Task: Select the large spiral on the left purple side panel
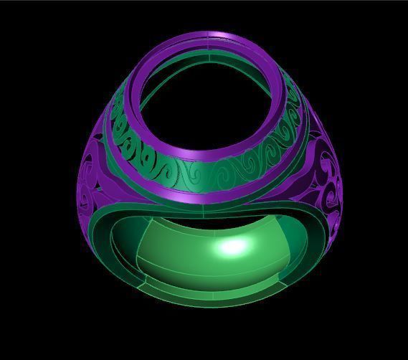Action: coord(93,179)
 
